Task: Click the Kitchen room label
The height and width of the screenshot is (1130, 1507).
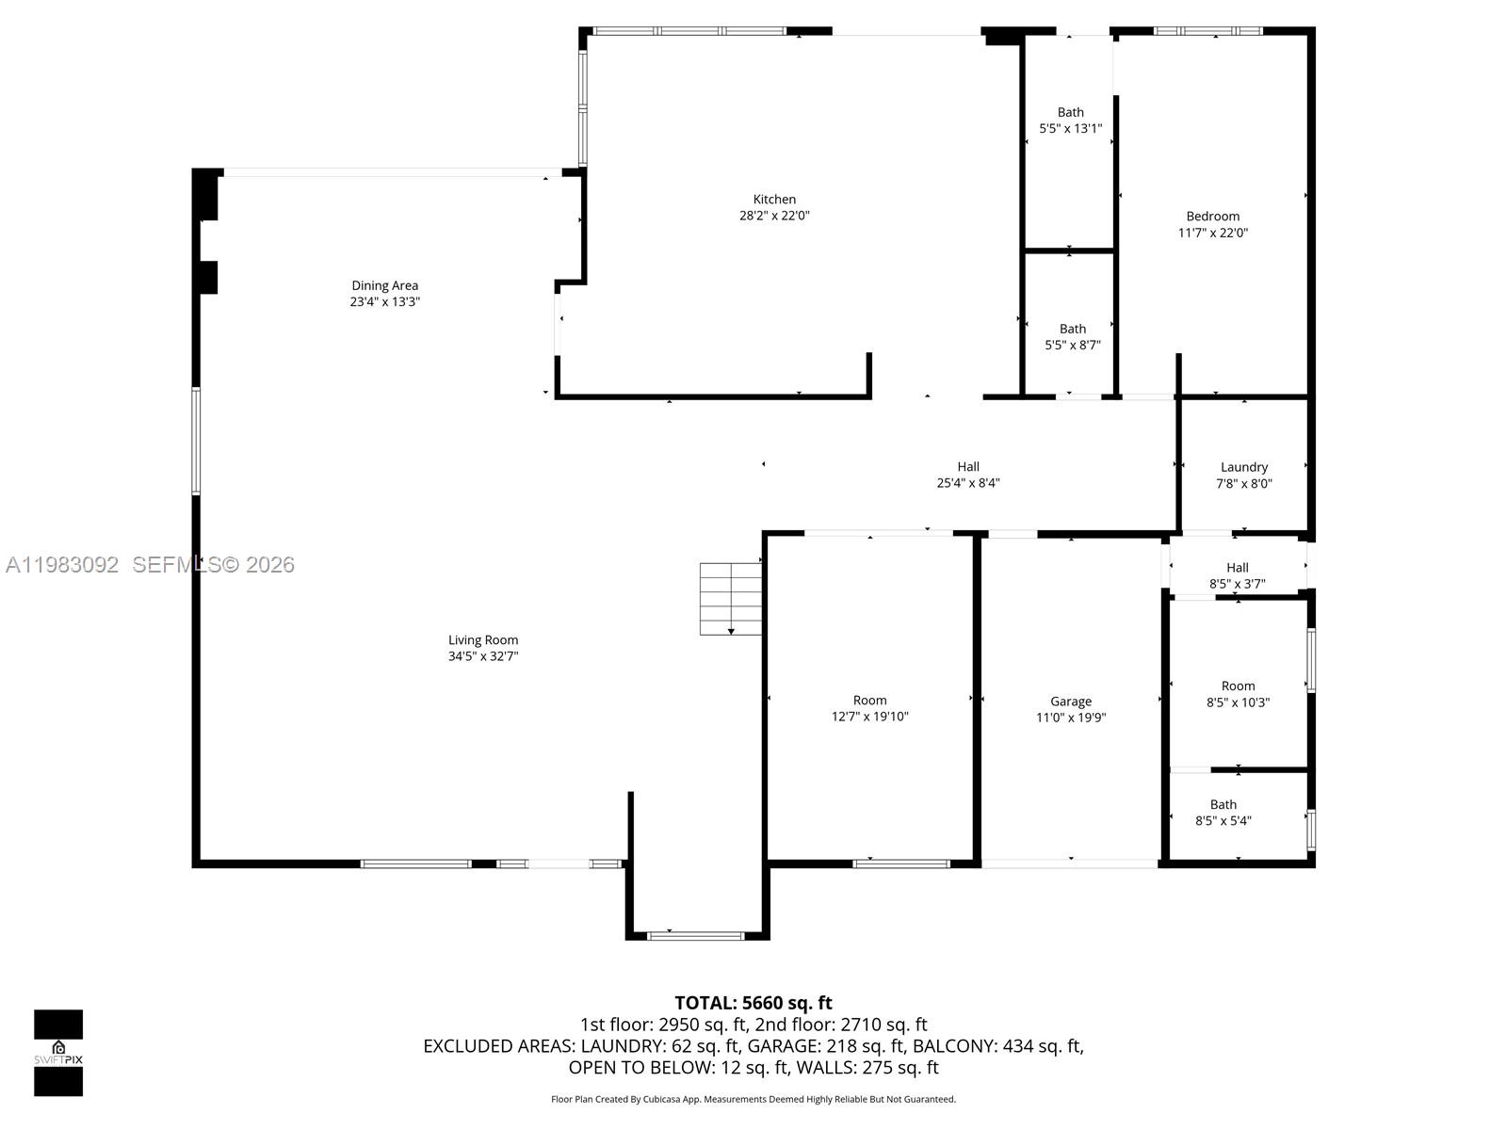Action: pyautogui.click(x=774, y=200)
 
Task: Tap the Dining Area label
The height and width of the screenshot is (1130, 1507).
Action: pyautogui.click(x=384, y=285)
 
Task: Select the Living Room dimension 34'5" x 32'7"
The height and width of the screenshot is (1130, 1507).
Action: pyautogui.click(x=483, y=656)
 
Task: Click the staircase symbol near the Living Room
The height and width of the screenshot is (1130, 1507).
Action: pyautogui.click(x=730, y=599)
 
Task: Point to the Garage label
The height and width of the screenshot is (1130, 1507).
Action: pyautogui.click(x=1071, y=702)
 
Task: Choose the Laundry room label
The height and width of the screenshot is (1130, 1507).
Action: pyautogui.click(x=1243, y=467)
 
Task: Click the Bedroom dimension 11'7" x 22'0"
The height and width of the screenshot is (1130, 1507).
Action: pyautogui.click(x=1213, y=233)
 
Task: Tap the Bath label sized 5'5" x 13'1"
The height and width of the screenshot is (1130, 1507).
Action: pyautogui.click(x=1070, y=112)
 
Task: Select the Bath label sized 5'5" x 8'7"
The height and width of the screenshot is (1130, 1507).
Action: pyautogui.click(x=1072, y=329)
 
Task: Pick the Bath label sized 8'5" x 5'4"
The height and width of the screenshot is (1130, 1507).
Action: pyautogui.click(x=1223, y=804)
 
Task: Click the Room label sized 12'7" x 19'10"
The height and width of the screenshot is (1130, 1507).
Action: pyautogui.click(x=869, y=700)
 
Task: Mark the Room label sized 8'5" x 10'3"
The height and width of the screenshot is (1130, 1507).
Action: pyautogui.click(x=1238, y=686)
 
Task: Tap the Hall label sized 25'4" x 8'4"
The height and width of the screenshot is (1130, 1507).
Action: pyautogui.click(x=968, y=467)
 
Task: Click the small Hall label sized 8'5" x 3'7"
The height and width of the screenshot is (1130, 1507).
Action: pyautogui.click(x=1237, y=567)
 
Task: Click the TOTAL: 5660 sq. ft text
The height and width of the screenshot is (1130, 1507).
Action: pyautogui.click(x=753, y=1003)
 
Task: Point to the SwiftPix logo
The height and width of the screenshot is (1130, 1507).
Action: pyautogui.click(x=58, y=1053)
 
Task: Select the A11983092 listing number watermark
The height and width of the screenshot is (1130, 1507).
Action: pyautogui.click(x=62, y=565)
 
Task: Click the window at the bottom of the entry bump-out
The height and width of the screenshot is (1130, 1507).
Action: pyautogui.click(x=697, y=935)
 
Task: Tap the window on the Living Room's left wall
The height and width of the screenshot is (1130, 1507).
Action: pyautogui.click(x=196, y=441)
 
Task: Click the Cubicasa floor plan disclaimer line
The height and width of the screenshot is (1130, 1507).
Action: pyautogui.click(x=753, y=1099)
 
